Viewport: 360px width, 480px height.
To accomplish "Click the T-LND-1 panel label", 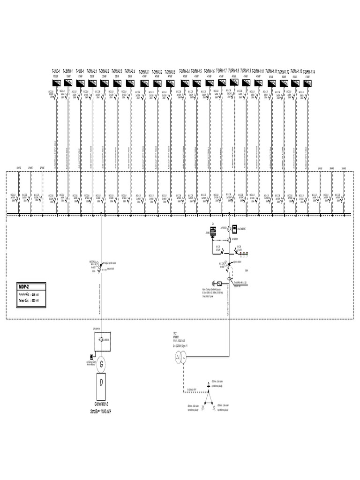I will pyautogui.click(x=55, y=71).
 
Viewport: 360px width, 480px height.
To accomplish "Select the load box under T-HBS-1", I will pyautogui.click(x=80, y=83).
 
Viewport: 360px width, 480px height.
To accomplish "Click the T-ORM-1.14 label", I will pyautogui.click(x=307, y=71).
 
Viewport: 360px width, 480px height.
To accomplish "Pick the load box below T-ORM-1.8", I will pyautogui.click(x=234, y=82).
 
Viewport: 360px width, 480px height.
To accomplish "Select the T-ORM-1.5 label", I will pyautogui.click(x=197, y=71).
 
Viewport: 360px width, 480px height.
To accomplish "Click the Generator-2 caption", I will pyautogui.click(x=102, y=403).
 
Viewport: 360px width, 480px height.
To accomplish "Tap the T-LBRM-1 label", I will pyautogui.click(x=67, y=71).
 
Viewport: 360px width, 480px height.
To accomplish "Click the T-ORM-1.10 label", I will pyautogui.click(x=258, y=71).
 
